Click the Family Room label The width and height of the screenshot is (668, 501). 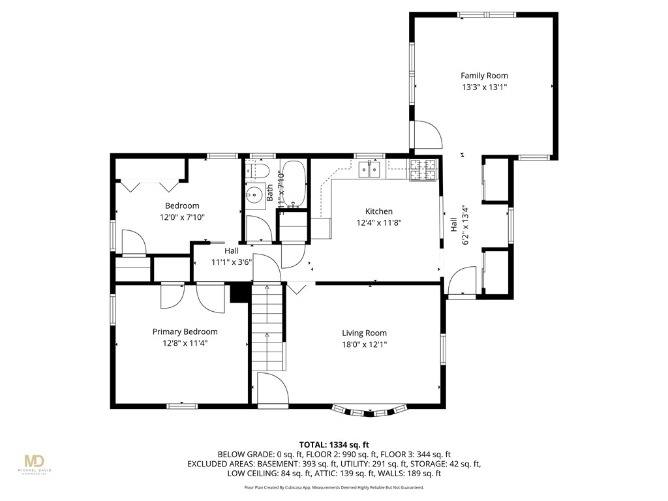[x=484, y=76]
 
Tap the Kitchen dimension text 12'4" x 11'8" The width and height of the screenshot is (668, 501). [x=378, y=222]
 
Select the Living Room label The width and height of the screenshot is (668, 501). [x=364, y=333]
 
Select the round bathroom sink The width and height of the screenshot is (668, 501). [x=253, y=194]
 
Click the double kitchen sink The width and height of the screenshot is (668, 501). [x=370, y=170]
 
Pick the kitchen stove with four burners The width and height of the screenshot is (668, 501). [x=423, y=170]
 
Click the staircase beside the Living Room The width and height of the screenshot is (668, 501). [x=268, y=326]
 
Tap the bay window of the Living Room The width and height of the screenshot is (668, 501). [x=369, y=410]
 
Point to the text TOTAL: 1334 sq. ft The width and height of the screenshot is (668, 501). [x=333, y=445]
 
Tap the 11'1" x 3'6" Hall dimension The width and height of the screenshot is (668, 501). [x=232, y=262]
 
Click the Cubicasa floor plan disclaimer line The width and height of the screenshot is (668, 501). [x=333, y=487]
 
